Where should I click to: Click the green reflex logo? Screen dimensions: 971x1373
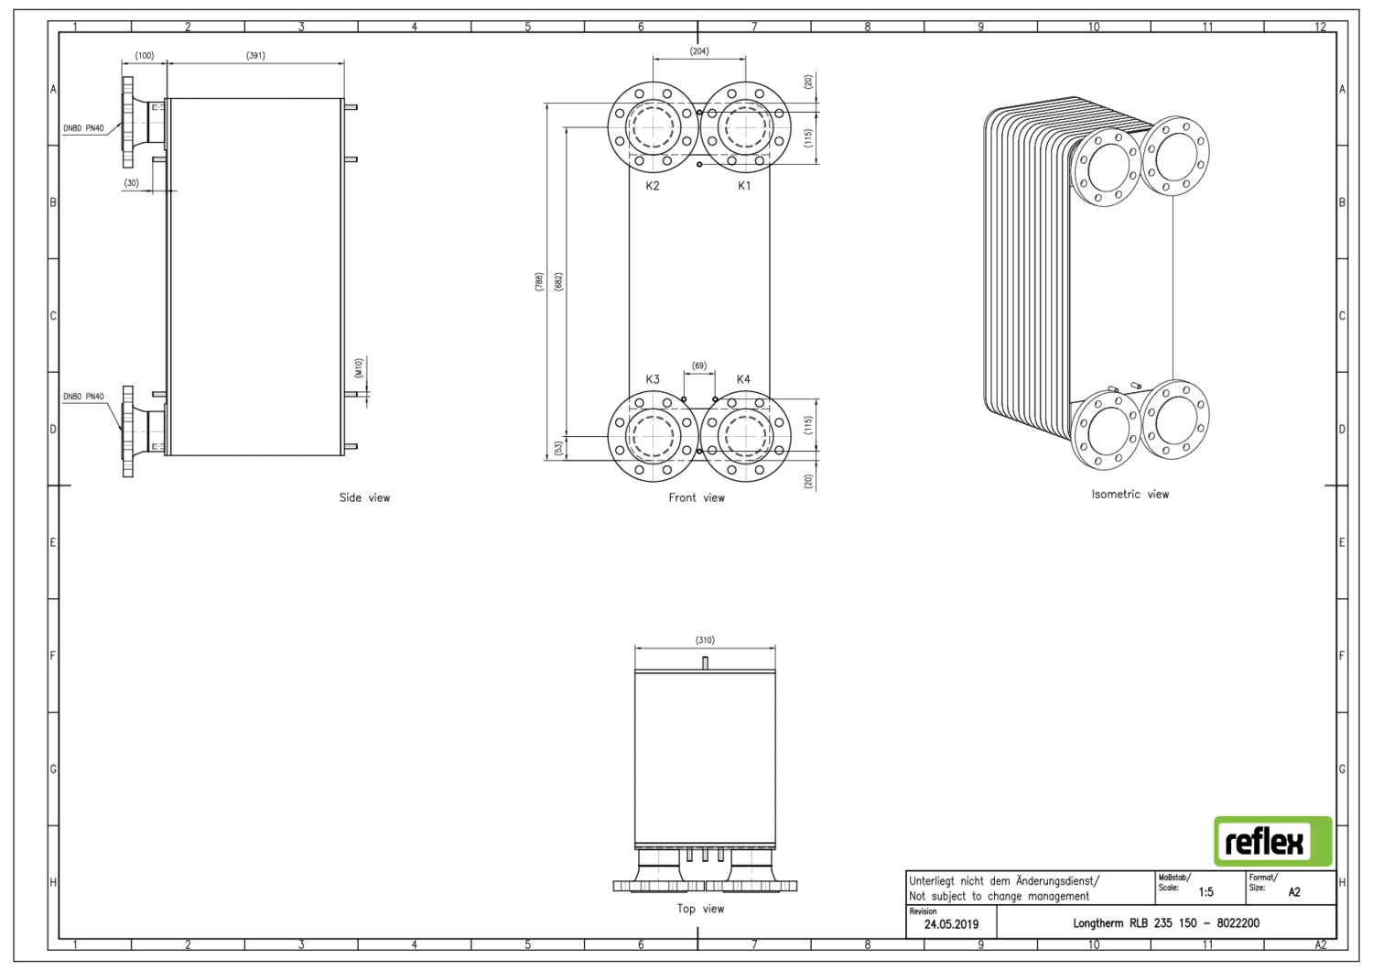(1272, 841)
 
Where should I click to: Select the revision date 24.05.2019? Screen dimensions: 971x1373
(951, 924)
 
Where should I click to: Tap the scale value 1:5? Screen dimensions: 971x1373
(1205, 891)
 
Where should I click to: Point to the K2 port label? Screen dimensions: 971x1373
(653, 186)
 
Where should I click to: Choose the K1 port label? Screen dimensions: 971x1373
(744, 186)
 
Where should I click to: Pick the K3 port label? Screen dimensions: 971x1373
(653, 379)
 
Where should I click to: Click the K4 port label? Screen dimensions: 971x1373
(743, 379)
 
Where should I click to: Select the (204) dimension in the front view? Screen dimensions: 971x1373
(699, 51)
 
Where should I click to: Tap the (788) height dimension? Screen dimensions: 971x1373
(539, 282)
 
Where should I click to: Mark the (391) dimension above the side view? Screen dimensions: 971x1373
(255, 56)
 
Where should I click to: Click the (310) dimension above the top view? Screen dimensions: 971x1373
(705, 640)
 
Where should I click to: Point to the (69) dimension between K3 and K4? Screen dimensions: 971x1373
(699, 365)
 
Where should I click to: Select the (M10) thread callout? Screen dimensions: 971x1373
(359, 368)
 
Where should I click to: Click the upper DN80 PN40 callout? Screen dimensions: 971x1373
(83, 129)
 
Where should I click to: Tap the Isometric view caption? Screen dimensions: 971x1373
(1130, 495)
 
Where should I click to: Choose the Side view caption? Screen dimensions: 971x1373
(364, 498)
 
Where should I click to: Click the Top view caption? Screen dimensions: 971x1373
(700, 910)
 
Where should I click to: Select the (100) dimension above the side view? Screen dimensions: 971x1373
(145, 56)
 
